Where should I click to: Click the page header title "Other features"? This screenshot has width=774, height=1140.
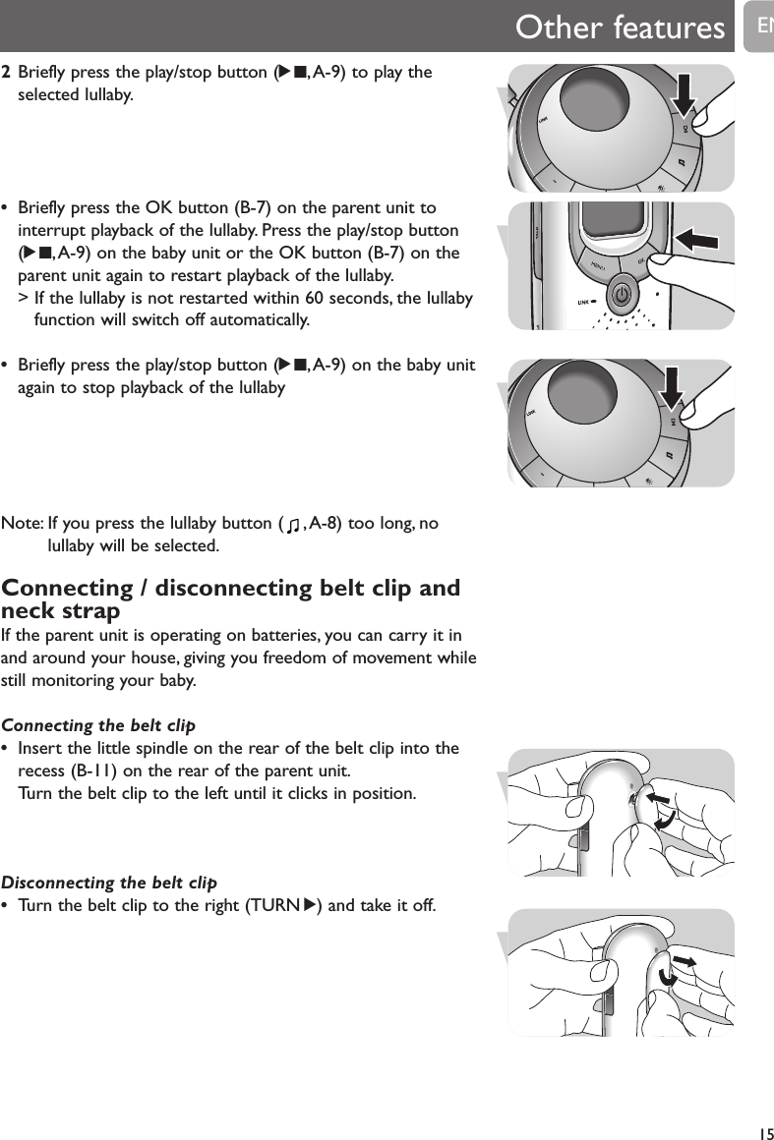click(620, 28)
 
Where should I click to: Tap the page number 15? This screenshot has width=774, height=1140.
click(763, 1131)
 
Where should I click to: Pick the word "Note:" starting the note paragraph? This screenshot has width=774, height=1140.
click(23, 525)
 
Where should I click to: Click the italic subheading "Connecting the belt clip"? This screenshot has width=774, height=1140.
click(98, 726)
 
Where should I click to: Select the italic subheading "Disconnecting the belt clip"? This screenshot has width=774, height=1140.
click(109, 882)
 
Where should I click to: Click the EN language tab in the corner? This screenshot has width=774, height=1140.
click(762, 24)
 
